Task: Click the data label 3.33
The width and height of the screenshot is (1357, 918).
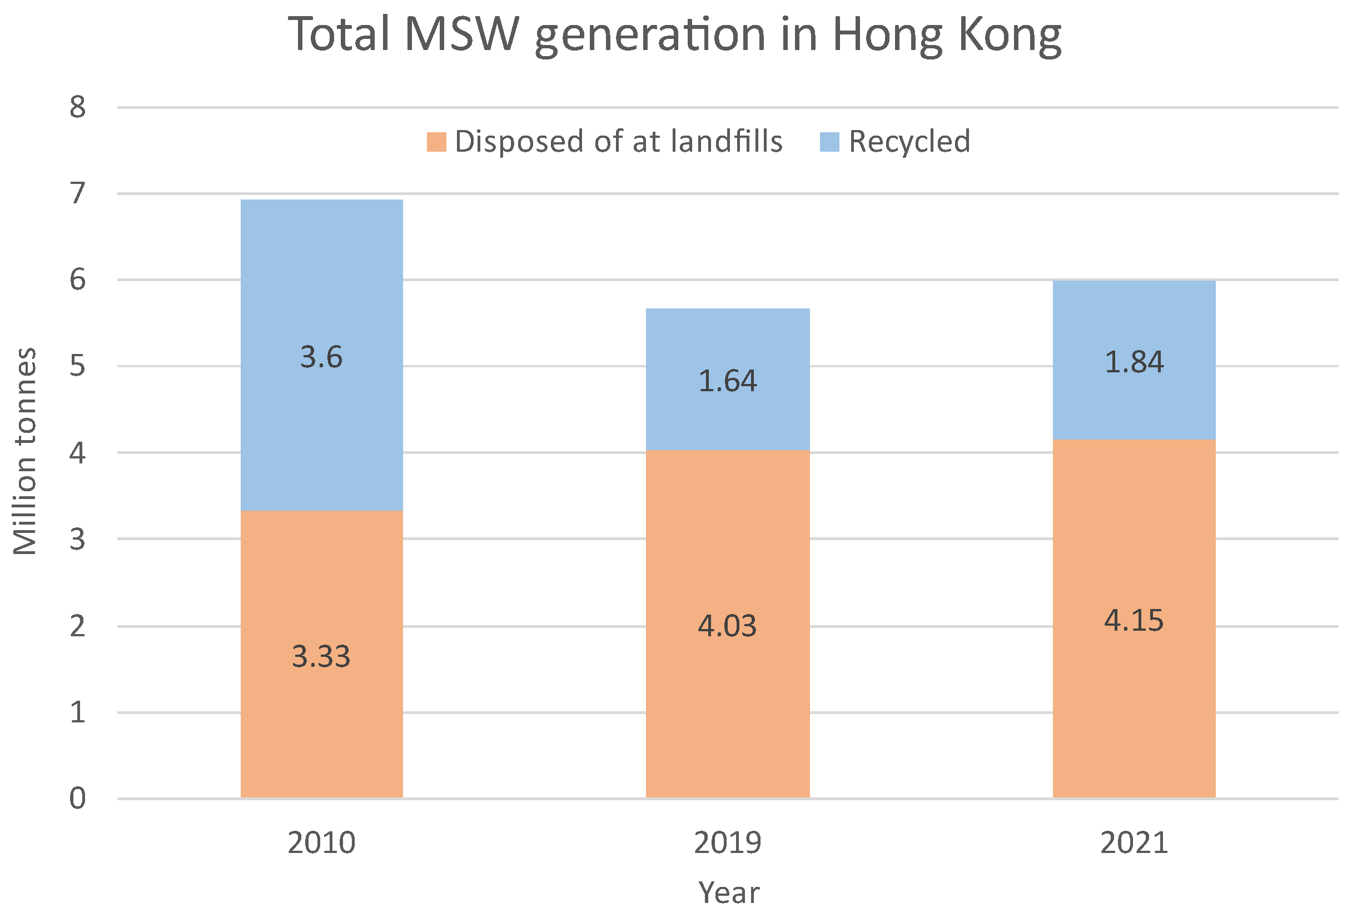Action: coord(321,657)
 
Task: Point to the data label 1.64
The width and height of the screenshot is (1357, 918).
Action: coord(728,381)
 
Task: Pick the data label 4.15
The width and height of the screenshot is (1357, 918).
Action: coord(1134,620)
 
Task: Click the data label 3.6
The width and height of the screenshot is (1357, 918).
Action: coord(321,357)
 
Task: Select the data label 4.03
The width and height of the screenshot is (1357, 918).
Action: coord(728,626)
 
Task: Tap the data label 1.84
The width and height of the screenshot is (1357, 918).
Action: coord(1134,362)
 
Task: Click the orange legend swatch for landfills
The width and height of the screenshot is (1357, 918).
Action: coord(436,142)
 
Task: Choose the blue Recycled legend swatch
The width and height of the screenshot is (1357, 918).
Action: coord(829,142)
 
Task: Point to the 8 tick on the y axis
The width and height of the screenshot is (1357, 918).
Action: coord(78,107)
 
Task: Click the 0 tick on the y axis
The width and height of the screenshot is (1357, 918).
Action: coord(78,799)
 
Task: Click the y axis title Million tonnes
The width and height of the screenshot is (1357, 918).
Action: coord(25,451)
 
